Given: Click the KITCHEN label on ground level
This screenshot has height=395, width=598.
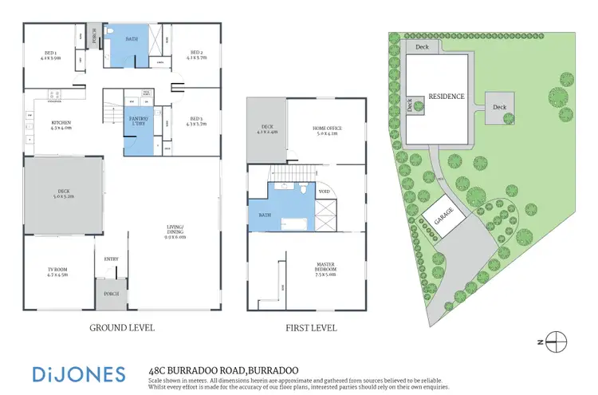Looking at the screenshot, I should [x=61, y=123].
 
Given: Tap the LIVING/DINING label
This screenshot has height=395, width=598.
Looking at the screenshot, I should [x=174, y=234].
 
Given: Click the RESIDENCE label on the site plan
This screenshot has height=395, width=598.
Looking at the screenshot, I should [x=446, y=96].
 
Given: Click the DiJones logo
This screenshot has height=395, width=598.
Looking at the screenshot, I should [x=78, y=373].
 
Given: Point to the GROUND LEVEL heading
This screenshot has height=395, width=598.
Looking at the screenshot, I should [x=121, y=328].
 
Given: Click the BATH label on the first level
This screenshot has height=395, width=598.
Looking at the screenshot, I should [x=264, y=215].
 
